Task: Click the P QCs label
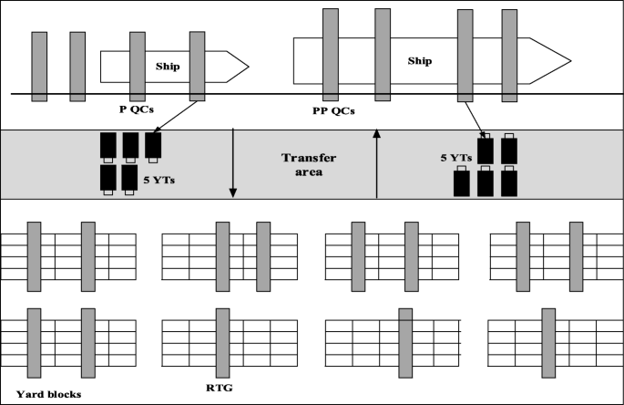coord(137,110)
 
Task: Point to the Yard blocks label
coord(49,394)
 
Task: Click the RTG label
coord(220,386)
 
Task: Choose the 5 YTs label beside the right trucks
coord(455,158)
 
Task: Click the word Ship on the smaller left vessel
coord(169,65)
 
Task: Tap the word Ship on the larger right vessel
coord(420,61)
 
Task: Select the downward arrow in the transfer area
coord(233,164)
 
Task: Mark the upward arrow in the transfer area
coord(376,164)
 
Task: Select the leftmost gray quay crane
coord(39,66)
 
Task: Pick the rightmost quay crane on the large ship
coord(509,55)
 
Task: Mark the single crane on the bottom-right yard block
coord(548,341)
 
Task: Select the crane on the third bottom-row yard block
coord(404,343)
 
